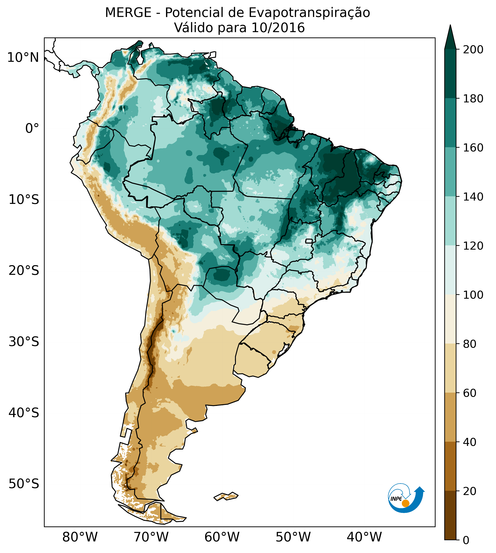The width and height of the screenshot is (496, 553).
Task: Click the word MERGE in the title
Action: click(128, 13)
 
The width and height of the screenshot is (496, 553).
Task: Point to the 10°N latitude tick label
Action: click(23, 58)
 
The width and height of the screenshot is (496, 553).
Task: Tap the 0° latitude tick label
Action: click(32, 128)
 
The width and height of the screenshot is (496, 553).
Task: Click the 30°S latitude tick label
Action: click(24, 342)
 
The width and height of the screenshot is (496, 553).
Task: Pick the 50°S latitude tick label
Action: click(24, 484)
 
